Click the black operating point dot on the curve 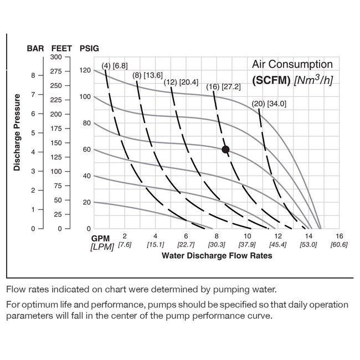point(225,149)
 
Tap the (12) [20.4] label point(181,82)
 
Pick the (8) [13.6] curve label point(147,75)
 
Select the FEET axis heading point(62,48)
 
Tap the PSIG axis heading point(90,48)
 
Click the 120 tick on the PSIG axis point(84,70)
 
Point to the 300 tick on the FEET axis point(56,57)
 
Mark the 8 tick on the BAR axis point(33,75)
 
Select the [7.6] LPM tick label point(124,245)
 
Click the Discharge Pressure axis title point(17,132)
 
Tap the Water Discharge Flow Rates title point(217,256)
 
